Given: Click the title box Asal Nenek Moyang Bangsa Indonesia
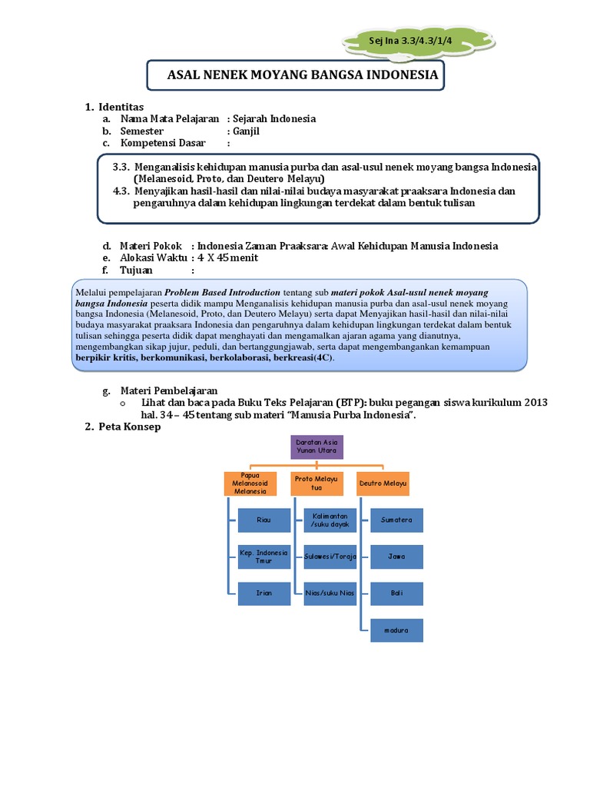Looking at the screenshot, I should pyautogui.click(x=295, y=75).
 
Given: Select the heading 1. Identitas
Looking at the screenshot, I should pyautogui.click(x=114, y=106).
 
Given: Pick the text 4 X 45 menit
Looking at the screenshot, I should pyautogui.click(x=227, y=257).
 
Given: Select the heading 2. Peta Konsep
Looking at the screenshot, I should pyautogui.click(x=123, y=427).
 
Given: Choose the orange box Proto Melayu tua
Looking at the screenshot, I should pyautogui.click(x=316, y=483).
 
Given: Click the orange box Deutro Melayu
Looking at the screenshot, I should pyautogui.click(x=382, y=483).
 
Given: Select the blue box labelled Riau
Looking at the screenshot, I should pyautogui.click(x=264, y=520).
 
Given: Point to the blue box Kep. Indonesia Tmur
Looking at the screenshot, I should pyautogui.click(x=264, y=556).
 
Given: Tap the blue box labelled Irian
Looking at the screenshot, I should pyautogui.click(x=264, y=593).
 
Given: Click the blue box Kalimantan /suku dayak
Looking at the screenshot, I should pyautogui.click(x=330, y=520).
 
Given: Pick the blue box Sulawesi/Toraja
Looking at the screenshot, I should pyautogui.click(x=330, y=556).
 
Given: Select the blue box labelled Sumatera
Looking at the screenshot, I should pyautogui.click(x=396, y=520).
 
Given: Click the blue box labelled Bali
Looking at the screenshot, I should pyautogui.click(x=396, y=593).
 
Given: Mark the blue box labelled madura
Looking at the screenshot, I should pyautogui.click(x=396, y=630).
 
